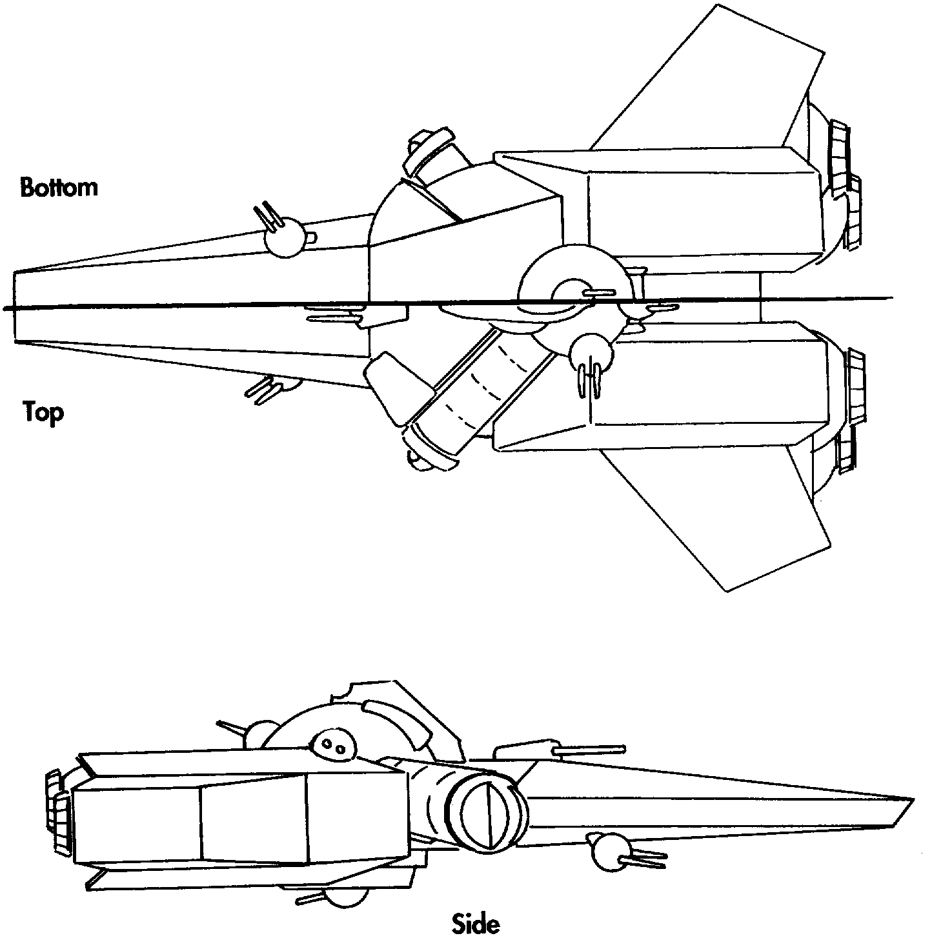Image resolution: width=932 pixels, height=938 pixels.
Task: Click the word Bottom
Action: pyautogui.click(x=59, y=187)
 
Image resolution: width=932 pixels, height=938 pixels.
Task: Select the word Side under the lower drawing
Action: pyautogui.click(x=476, y=923)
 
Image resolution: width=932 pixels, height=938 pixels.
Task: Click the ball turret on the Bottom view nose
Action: pyautogui.click(x=284, y=236)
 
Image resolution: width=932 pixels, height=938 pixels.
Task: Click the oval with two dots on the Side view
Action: pyautogui.click(x=334, y=746)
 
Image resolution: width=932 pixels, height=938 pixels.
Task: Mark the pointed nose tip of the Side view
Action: pyautogui.click(x=910, y=800)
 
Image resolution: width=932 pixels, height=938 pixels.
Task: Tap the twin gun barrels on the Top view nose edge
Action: pyautogui.click(x=265, y=390)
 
